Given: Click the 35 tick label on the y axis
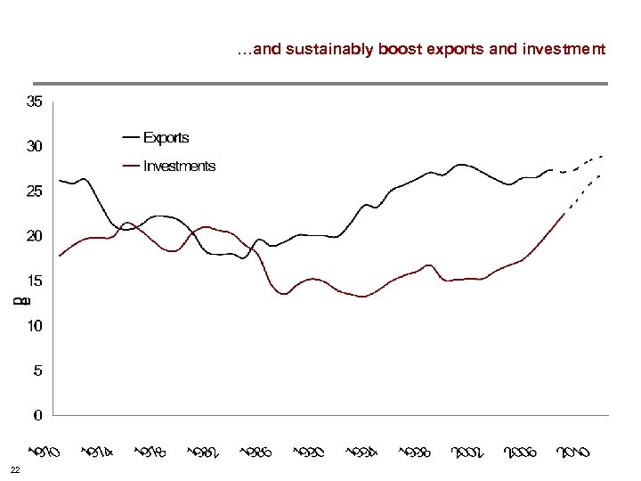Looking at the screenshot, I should pyautogui.click(x=34, y=102).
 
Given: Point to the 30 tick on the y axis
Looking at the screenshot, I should pyautogui.click(x=34, y=146).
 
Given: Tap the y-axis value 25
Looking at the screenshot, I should pyautogui.click(x=34, y=191).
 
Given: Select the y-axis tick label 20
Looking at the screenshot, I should pyautogui.click(x=34, y=236).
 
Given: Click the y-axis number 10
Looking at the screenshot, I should pyautogui.click(x=34, y=326).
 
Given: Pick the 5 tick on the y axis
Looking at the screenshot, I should pyautogui.click(x=37, y=371).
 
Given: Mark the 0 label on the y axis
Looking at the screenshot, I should pyautogui.click(x=37, y=415).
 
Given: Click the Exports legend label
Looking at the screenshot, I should pyautogui.click(x=166, y=137).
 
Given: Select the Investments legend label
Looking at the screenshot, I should pyautogui.click(x=179, y=166).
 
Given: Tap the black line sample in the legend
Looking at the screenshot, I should pyautogui.click(x=130, y=137).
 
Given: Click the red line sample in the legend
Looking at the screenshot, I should pyautogui.click(x=130, y=166).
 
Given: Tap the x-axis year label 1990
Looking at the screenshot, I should pyautogui.click(x=309, y=452).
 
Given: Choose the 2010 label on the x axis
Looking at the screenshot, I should pyautogui.click(x=573, y=452).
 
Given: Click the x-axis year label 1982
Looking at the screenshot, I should pyautogui.click(x=205, y=452).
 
